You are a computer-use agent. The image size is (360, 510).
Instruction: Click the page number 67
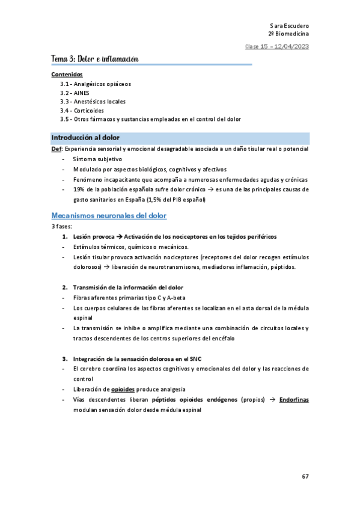point(305,476)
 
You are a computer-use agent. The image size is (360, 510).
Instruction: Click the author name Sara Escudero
point(290,26)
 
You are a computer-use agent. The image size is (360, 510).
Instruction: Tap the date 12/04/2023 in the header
point(292,47)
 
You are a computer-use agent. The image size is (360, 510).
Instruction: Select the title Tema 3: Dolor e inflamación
point(95,59)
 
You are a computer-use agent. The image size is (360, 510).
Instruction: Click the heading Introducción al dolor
point(85,138)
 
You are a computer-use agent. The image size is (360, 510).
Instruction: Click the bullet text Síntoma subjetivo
point(97,159)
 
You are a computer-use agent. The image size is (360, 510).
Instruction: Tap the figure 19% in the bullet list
point(78,189)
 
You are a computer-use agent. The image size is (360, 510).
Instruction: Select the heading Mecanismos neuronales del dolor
point(109,215)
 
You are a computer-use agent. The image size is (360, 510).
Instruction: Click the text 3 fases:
point(61,226)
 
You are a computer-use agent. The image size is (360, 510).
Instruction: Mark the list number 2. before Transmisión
point(66,287)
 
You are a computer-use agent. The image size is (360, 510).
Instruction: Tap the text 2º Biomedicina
point(288,35)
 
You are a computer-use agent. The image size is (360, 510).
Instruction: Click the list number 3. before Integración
point(66,358)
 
